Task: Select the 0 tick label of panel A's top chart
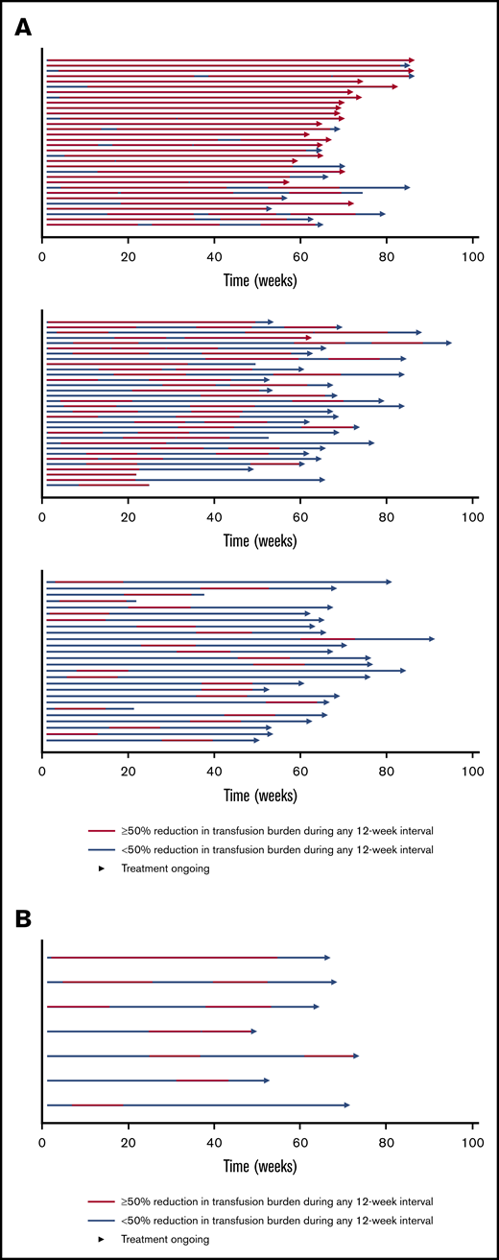42,256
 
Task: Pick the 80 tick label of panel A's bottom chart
386,770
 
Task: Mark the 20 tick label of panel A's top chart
128,256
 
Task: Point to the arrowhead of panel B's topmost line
327,958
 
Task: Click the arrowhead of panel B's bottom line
346,1105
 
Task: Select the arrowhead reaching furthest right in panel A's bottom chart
432,639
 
